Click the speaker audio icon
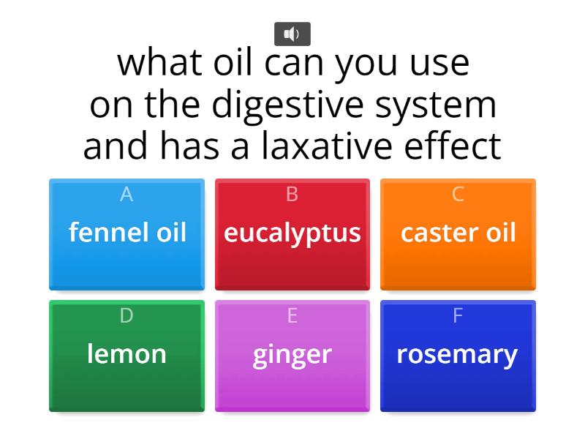(x=292, y=34)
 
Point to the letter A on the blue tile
(x=127, y=194)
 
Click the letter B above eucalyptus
(x=292, y=194)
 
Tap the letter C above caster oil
(x=458, y=194)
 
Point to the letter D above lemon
(x=127, y=315)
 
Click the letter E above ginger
(x=292, y=315)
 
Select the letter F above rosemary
(x=458, y=315)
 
